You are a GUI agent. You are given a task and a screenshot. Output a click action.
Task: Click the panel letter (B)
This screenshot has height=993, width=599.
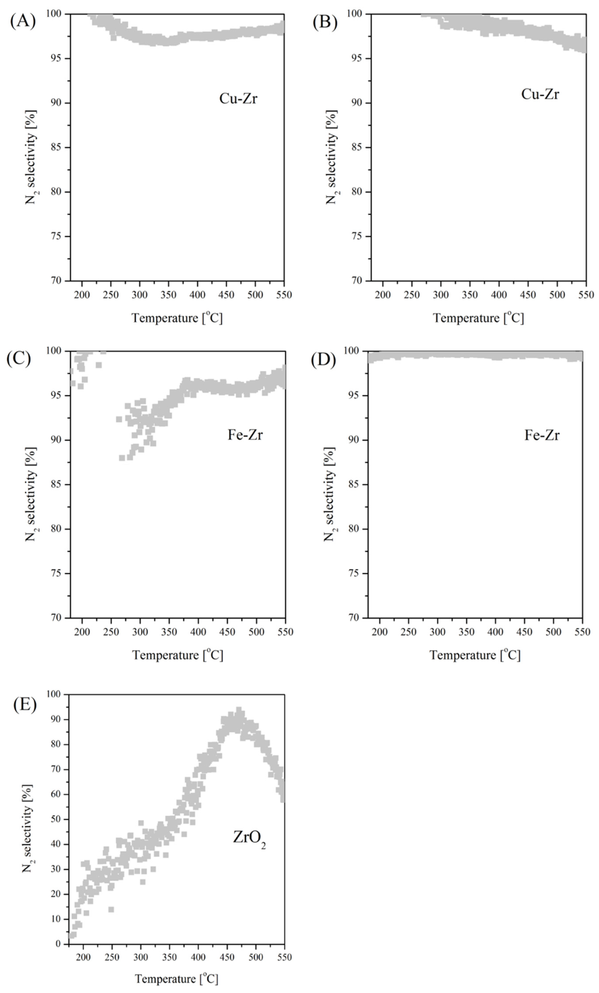click(x=325, y=23)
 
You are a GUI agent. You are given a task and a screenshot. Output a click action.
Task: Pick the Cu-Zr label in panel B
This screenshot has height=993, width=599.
click(x=540, y=94)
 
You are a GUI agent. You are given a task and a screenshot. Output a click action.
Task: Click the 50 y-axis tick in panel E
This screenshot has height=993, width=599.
click(x=56, y=819)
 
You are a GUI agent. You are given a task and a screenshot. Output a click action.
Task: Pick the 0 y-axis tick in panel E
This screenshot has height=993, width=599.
click(x=59, y=944)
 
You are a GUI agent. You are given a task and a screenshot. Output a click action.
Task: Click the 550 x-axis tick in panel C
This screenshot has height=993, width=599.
click(x=285, y=632)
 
